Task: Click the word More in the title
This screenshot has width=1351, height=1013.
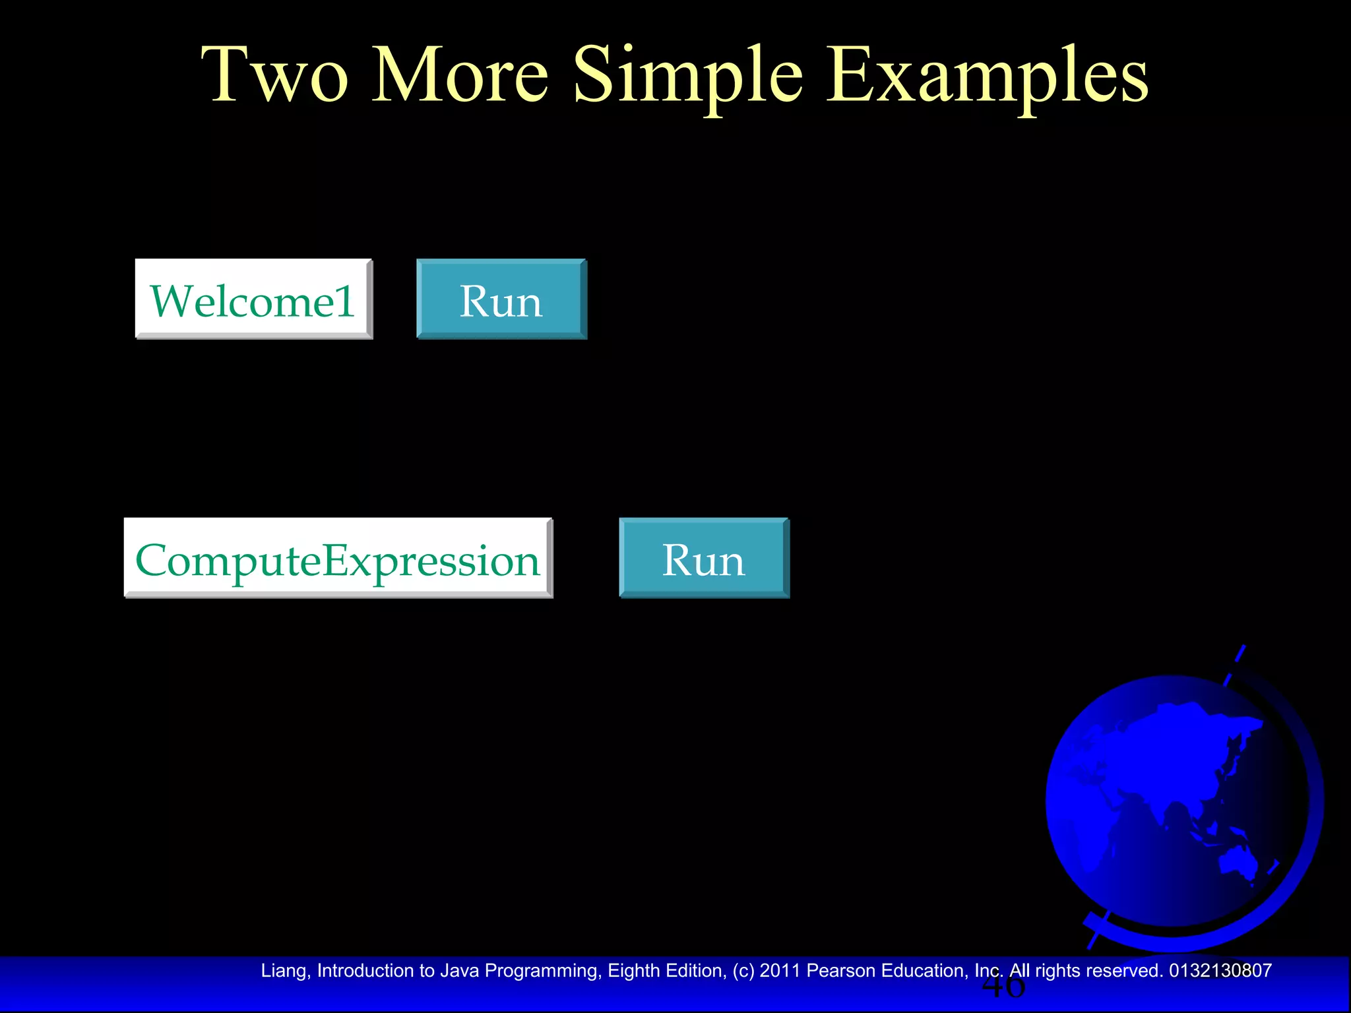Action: [x=460, y=76]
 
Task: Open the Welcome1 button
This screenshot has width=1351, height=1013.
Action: [x=254, y=300]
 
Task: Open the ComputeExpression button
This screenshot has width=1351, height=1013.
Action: [x=338, y=559]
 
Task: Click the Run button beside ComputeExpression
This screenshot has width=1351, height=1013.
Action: [x=704, y=559]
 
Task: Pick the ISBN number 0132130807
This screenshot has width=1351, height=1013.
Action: [x=1220, y=971]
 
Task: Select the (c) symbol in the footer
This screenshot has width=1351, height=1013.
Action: [x=743, y=971]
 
